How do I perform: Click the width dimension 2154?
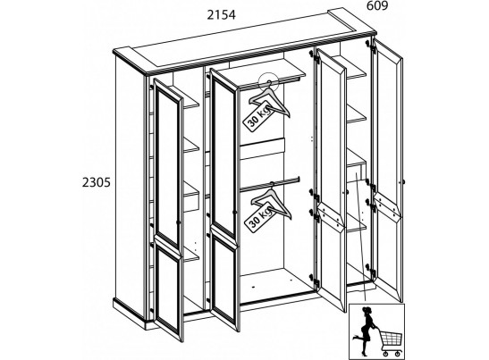pos(222,15)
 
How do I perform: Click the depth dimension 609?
pos(377,5)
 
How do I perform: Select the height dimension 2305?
pos(97,182)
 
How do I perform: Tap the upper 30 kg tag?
pos(258,116)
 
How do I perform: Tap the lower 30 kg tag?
pos(260,216)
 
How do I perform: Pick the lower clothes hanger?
pos(272,200)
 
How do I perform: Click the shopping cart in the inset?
pos(390,342)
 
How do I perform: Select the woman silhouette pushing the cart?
pos(366,330)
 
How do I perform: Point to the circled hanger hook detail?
pos(269,82)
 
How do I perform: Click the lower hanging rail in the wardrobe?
pos(269,184)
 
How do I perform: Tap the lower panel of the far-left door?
pos(168,289)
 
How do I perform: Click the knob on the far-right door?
pos(403,181)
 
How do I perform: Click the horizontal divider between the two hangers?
pos(263,149)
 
